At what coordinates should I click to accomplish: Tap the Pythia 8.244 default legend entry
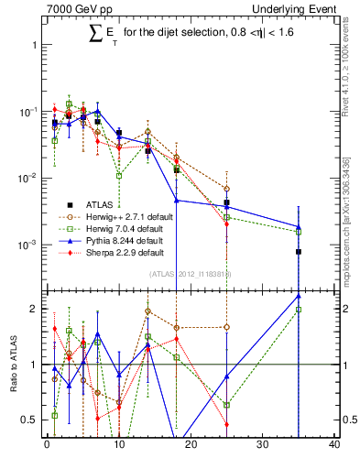[116, 241]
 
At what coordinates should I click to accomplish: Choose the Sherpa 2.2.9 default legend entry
[116, 253]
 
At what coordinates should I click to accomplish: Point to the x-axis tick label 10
[118, 445]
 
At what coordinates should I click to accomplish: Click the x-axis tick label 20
[191, 445]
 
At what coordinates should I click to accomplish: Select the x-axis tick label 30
[262, 445]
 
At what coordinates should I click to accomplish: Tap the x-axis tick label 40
[334, 445]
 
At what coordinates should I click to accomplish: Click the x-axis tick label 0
[47, 445]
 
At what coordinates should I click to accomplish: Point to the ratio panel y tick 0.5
[29, 420]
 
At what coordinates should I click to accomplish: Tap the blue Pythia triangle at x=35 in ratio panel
[299, 296]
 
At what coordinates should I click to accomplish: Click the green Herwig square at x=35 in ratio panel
[299, 310]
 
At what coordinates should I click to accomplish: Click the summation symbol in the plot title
[94, 34]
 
